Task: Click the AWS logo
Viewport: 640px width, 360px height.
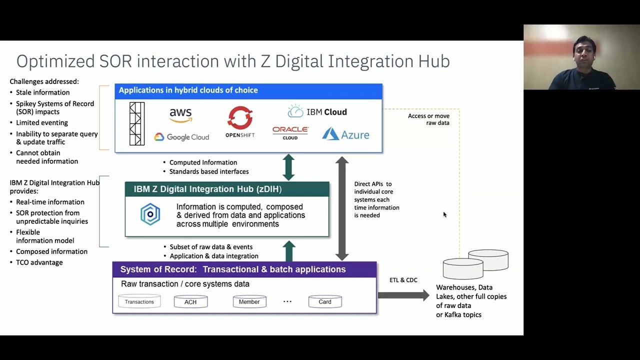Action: (x=180, y=115)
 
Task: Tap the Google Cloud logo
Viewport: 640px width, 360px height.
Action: (x=181, y=137)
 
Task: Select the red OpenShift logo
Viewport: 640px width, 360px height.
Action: (x=240, y=121)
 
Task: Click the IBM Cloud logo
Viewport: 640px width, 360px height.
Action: (x=317, y=111)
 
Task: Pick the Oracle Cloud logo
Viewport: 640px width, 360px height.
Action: (x=290, y=132)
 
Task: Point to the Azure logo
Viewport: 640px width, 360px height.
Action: (x=345, y=134)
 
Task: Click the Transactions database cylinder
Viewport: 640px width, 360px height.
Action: (x=139, y=301)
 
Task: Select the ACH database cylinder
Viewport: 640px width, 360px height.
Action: (x=190, y=301)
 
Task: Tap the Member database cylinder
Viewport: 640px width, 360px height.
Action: (x=249, y=301)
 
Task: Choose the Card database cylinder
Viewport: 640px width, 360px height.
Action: (x=325, y=301)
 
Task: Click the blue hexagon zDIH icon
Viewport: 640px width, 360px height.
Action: (x=150, y=214)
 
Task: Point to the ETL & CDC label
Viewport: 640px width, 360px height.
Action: (x=403, y=280)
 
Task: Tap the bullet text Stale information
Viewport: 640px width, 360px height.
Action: (x=42, y=92)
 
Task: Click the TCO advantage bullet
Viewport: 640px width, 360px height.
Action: (x=39, y=262)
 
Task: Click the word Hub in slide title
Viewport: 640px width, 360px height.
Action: (x=431, y=61)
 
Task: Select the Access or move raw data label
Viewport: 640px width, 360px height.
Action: (x=429, y=119)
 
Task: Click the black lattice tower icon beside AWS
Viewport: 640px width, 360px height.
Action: (x=137, y=123)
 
